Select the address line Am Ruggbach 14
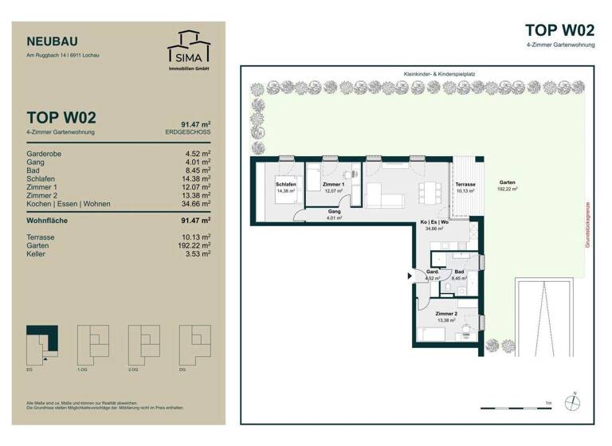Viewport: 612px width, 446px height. point(63,55)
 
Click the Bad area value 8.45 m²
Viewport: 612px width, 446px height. point(196,169)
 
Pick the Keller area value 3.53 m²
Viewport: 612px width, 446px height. point(196,254)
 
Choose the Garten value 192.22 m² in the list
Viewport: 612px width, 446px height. point(192,245)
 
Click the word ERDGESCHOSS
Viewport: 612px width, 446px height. point(187,131)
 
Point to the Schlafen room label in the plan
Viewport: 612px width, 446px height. point(286,186)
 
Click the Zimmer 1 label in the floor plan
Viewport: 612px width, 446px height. point(333,186)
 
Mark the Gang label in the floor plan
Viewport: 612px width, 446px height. point(333,212)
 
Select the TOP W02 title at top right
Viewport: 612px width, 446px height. point(559,30)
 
